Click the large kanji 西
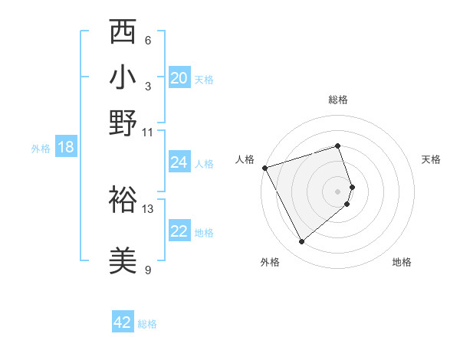tap(123, 31)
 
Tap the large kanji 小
tap(123, 77)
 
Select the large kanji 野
tap(123, 123)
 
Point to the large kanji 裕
tap(123, 199)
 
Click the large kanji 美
tap(123, 260)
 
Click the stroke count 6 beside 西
tap(148, 41)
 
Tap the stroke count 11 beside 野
tap(147, 133)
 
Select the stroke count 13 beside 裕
tap(147, 209)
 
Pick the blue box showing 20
tap(179, 77)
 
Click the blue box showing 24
tap(179, 162)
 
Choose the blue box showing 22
tap(179, 230)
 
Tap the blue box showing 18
tap(66, 146)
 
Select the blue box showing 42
tap(123, 321)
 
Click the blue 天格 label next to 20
tap(204, 80)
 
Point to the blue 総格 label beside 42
tap(147, 324)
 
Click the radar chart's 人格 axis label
tap(245, 159)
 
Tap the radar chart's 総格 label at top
tap(338, 100)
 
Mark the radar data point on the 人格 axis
tap(265, 168)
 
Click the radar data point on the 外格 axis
tap(301, 241)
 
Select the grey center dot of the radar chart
tap(337, 191)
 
